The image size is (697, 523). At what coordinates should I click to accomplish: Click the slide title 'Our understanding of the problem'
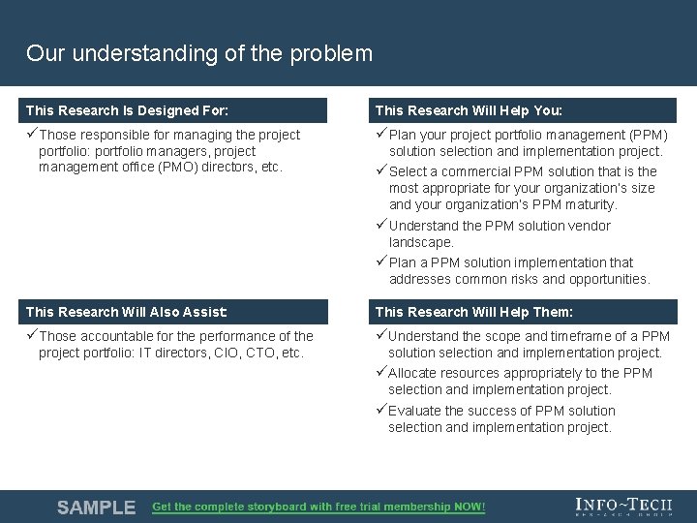[199, 53]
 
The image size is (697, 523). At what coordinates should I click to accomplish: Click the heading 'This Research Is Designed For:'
[127, 110]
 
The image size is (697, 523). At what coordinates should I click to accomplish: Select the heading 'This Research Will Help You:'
[469, 110]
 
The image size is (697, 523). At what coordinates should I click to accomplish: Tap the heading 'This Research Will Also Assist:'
[127, 312]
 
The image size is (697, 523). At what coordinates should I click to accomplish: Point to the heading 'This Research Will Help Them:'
[473, 312]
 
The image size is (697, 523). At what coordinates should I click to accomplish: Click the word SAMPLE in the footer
[96, 508]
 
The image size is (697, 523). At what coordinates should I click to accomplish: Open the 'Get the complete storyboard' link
[318, 508]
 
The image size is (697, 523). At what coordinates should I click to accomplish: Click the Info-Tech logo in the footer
[622, 506]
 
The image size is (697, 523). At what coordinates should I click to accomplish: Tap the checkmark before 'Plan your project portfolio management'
[380, 135]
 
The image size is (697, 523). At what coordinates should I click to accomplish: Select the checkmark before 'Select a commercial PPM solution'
[380, 171]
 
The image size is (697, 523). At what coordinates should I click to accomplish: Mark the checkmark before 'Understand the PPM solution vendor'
[380, 226]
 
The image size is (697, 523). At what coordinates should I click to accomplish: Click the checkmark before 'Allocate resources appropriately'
[380, 373]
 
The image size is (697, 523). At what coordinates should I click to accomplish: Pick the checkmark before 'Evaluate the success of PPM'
[380, 411]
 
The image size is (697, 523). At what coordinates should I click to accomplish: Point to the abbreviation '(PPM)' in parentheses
[649, 136]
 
